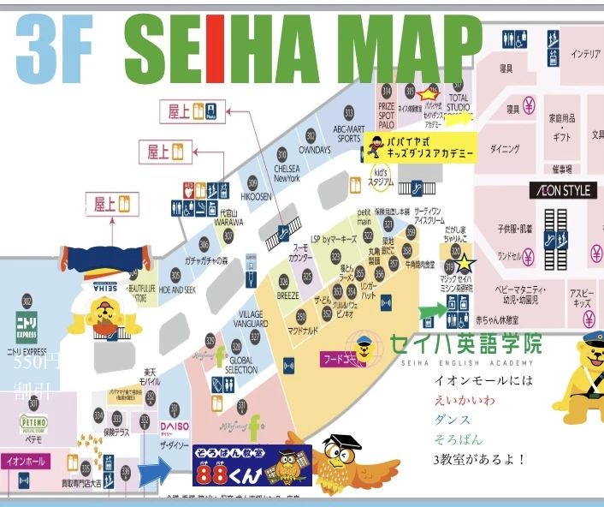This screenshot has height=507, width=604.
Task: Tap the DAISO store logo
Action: click(175, 426)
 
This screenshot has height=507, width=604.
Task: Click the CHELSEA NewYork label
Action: click(286, 174)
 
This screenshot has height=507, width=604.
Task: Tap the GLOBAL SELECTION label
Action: click(242, 365)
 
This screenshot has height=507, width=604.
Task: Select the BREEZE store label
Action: click(288, 295)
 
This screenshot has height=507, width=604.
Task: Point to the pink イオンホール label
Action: click(25, 461)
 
